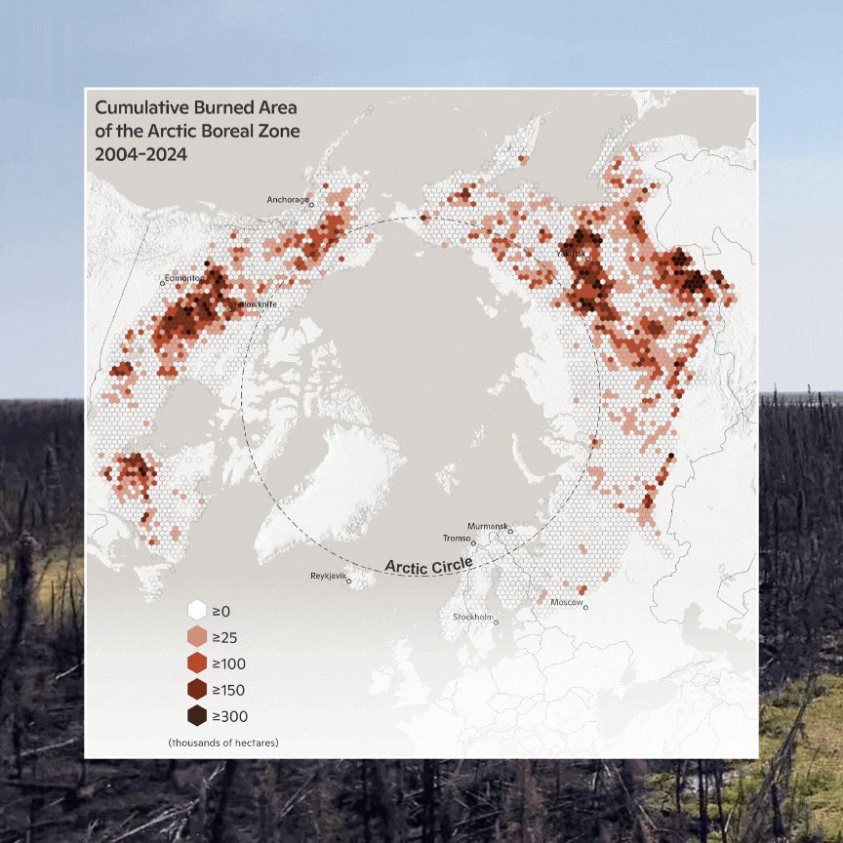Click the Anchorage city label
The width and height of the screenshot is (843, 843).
tap(287, 200)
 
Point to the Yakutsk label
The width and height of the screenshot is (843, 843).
tap(571, 254)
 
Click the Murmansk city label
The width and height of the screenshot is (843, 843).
tap(487, 526)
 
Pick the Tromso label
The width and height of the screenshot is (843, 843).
tap(457, 539)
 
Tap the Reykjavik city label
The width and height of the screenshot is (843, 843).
tap(328, 577)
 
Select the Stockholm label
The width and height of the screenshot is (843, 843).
tap(472, 617)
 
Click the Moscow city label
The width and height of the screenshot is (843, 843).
tap(567, 603)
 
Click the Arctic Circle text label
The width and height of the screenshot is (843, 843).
tap(428, 565)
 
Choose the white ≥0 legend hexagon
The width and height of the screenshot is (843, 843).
tap(196, 611)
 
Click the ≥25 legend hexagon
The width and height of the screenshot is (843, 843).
tap(196, 637)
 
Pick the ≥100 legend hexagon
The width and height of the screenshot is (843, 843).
tap(196, 663)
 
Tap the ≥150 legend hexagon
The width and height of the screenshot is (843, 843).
tap(196, 690)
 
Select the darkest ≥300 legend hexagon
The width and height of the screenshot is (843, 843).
tap(196, 716)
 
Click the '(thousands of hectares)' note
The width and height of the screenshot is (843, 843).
tap(222, 743)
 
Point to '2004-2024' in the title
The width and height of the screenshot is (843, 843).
tap(140, 153)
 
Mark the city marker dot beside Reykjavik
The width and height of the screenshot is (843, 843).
tap(349, 583)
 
